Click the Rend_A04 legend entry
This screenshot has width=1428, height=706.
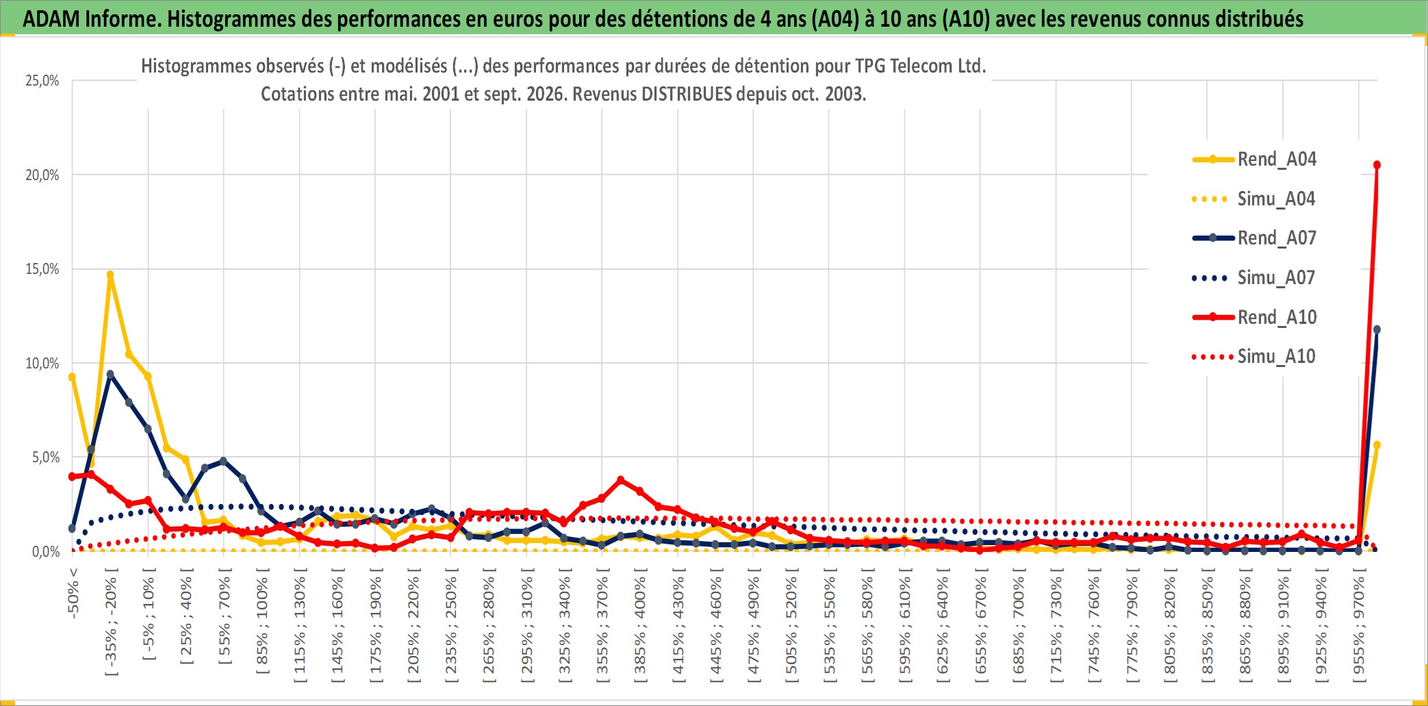pyautogui.click(x=1254, y=160)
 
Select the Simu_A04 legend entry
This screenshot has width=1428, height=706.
pyautogui.click(x=1254, y=199)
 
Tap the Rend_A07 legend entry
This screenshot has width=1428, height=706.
pyautogui.click(x=1254, y=238)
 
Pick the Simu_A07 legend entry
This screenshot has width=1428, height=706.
pyautogui.click(x=1254, y=278)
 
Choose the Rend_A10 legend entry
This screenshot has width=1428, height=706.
pyautogui.click(x=1254, y=317)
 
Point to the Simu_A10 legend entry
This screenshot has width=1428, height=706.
pyautogui.click(x=1254, y=357)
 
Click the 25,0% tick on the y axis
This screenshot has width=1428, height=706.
pyautogui.click(x=42, y=81)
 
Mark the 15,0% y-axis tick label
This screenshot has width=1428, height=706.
pyautogui.click(x=42, y=269)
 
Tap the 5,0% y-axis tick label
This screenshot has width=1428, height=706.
pyautogui.click(x=46, y=457)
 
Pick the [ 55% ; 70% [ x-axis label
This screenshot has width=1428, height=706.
pyautogui.click(x=225, y=620)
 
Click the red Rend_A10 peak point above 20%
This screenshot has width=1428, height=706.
pyautogui.click(x=1377, y=165)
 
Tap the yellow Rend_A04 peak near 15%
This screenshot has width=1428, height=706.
pyautogui.click(x=110, y=275)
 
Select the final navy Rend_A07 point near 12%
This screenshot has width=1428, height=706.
pyautogui.click(x=1377, y=329)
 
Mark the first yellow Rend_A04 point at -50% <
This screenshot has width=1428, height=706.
pyautogui.click(x=72, y=377)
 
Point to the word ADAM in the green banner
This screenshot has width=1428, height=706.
pyautogui.click(x=51, y=19)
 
